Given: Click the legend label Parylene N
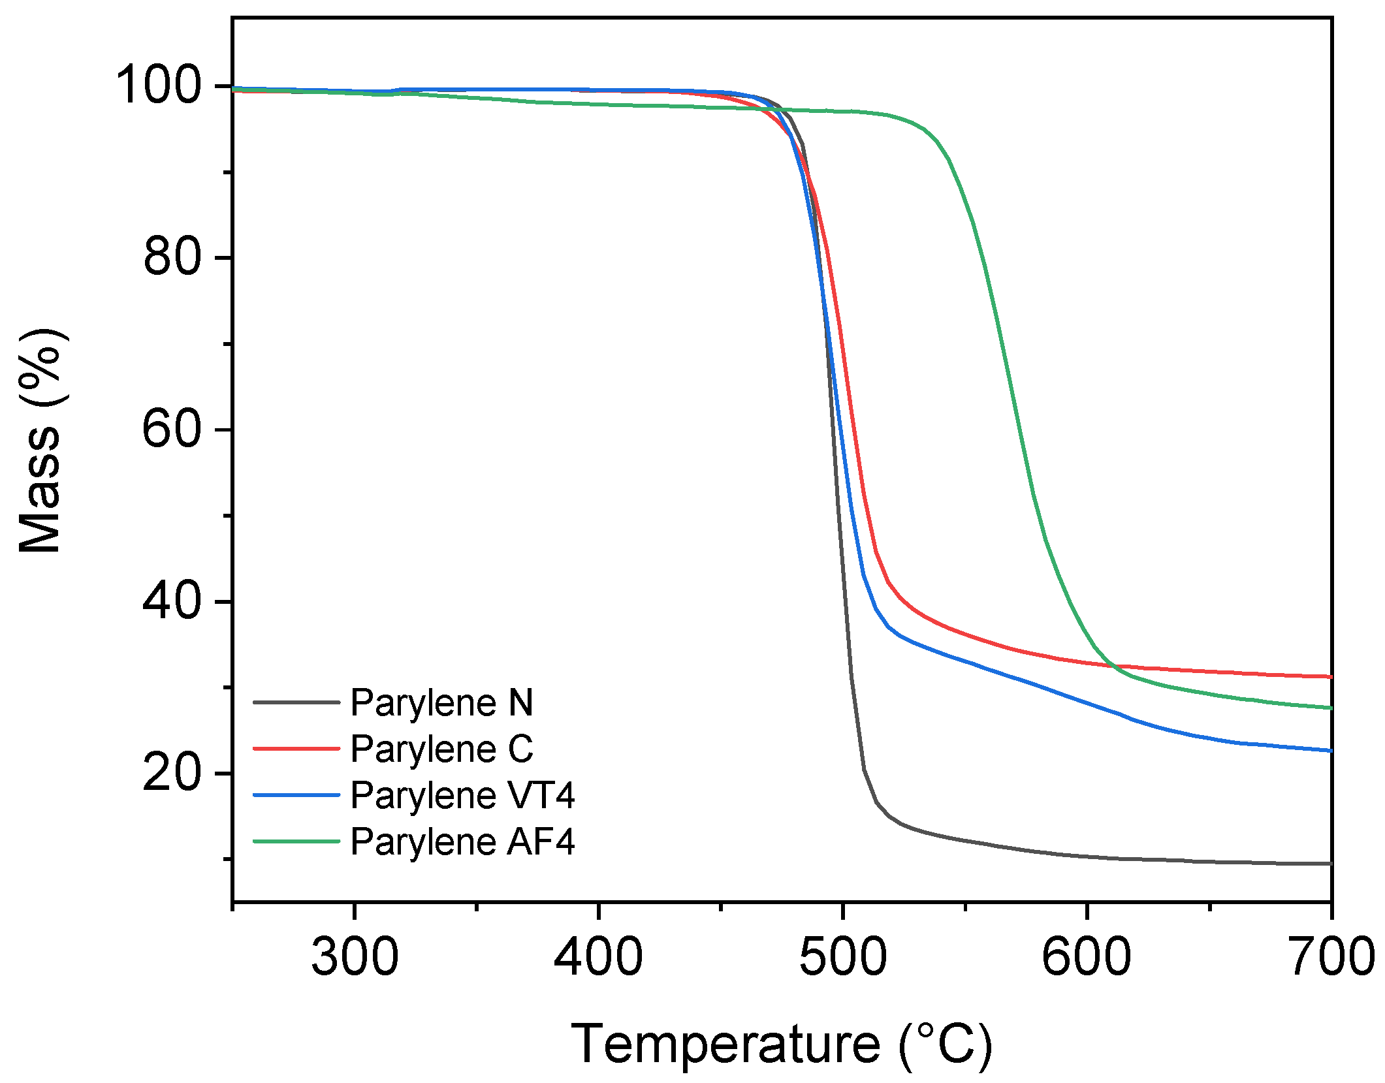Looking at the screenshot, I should [x=441, y=703].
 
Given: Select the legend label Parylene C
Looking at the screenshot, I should [x=441, y=749].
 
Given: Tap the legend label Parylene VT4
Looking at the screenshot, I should [x=462, y=795].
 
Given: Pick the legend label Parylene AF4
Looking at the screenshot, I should [x=462, y=841].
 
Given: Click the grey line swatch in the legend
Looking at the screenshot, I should [x=296, y=703].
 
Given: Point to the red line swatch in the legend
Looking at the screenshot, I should [x=296, y=749].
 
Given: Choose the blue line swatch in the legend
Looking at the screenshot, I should [x=296, y=795].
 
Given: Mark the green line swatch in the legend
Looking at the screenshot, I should [x=296, y=841].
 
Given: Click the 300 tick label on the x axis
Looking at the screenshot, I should [x=355, y=957].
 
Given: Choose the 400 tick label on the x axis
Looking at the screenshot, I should [x=598, y=957].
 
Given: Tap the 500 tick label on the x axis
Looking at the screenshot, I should [x=843, y=957].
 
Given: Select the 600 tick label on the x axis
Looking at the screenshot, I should [x=1087, y=957].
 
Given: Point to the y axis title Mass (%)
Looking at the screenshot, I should [x=40, y=441].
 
